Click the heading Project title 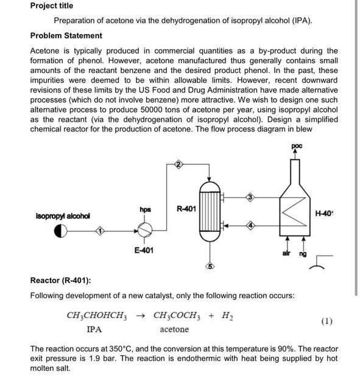[51, 5]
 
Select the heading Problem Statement [66, 35]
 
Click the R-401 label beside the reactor [186, 209]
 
